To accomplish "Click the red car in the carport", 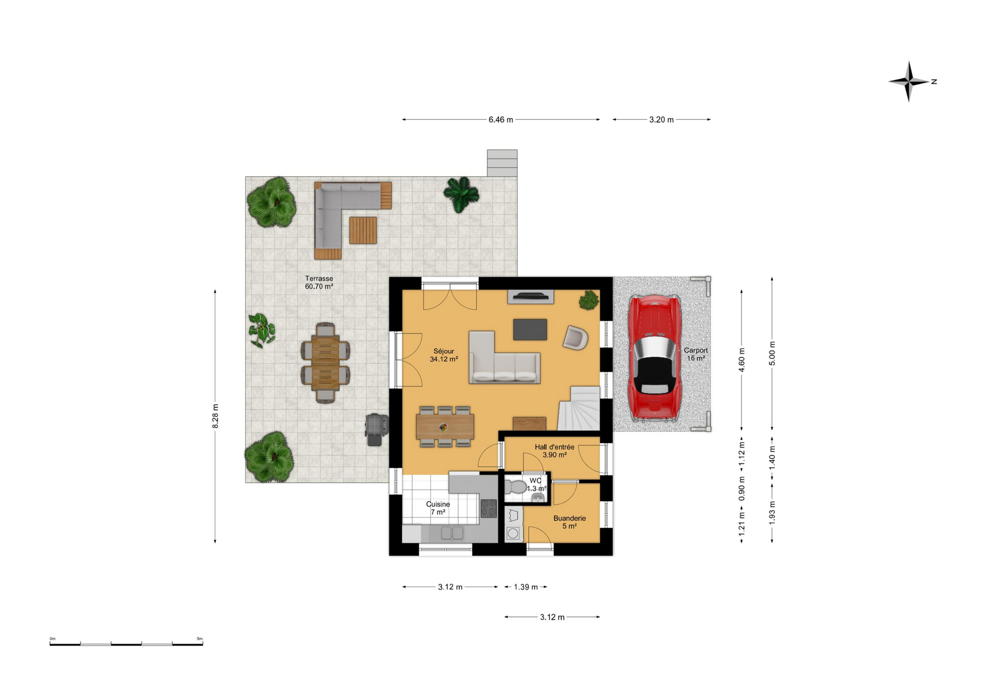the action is [654, 358].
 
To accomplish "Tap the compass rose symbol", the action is [908, 81].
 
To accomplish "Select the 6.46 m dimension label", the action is [501, 120].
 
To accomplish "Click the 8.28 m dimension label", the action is [215, 416].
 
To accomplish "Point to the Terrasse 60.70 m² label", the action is [319, 282].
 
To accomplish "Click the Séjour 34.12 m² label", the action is [444, 355].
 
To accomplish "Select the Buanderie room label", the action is [569, 522].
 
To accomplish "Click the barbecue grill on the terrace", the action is [376, 429].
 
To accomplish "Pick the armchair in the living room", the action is [575, 337].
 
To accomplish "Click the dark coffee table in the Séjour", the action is [530, 329].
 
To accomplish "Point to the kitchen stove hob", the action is [488, 508].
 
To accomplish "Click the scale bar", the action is [126, 643].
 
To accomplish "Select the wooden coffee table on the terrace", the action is [363, 230].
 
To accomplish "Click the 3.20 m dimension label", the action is [662, 120].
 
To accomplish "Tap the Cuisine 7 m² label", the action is [437, 508].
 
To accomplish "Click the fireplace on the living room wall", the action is [530, 297].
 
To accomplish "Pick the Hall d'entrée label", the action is [554, 447].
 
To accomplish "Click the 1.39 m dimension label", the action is [526, 587].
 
